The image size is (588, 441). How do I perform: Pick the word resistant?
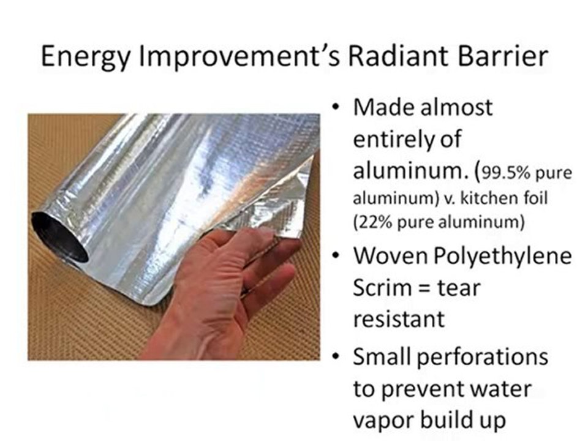point(398,318)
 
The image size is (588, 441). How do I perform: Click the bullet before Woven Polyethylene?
point(336,256)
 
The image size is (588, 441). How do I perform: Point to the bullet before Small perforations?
point(336,356)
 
